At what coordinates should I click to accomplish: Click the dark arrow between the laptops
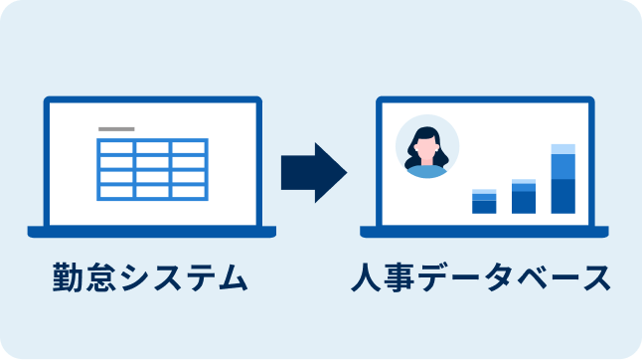[312, 172]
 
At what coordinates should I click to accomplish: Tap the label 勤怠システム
[150, 277]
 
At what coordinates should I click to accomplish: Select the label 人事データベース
[481, 277]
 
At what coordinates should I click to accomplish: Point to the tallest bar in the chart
[562, 179]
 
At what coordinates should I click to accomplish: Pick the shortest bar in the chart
[484, 201]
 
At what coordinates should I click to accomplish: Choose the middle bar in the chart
[524, 197]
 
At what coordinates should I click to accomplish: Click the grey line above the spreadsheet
[117, 129]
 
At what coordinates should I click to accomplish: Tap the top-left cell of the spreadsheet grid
[115, 147]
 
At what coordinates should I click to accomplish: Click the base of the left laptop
[151, 232]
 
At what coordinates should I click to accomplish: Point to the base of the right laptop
[484, 232]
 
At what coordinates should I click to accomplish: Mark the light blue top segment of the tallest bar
[562, 149]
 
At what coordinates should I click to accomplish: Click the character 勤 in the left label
[70, 277]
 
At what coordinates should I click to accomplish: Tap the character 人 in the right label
[370, 277]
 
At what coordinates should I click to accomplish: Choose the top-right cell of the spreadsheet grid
[189, 147]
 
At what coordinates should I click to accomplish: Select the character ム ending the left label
[230, 277]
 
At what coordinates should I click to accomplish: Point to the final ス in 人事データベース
[594, 277]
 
